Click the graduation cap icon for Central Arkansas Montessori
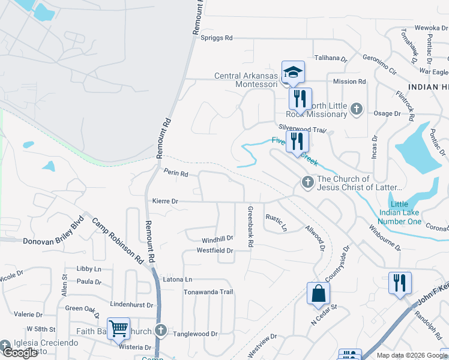click(293, 73)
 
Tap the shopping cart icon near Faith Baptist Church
click(119, 329)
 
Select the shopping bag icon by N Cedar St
click(318, 294)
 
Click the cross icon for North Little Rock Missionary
click(357, 109)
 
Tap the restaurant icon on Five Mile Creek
click(297, 142)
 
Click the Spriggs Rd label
click(216, 38)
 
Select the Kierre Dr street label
click(166, 202)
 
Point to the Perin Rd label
click(176, 173)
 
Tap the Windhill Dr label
click(216, 239)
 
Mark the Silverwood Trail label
click(302, 128)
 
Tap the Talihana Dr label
click(331, 58)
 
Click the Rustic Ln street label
click(277, 223)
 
